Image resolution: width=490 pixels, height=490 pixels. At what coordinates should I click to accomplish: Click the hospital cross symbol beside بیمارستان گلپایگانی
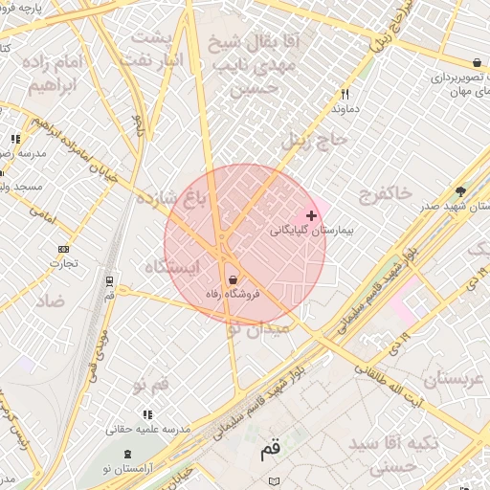311,216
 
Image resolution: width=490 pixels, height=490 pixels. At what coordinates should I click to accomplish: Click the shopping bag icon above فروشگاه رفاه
233,279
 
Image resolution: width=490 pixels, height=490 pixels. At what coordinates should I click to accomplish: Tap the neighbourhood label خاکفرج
386,195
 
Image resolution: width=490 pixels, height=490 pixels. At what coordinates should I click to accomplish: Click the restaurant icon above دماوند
345,95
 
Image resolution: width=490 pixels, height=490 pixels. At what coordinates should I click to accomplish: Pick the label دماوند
345,109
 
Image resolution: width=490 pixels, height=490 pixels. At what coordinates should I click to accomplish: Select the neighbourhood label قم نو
151,384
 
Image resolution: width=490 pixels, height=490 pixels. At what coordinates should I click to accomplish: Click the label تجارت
63,263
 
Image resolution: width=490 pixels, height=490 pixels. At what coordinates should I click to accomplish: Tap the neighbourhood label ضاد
50,301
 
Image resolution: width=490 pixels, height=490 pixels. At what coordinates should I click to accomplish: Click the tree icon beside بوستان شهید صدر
460,191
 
